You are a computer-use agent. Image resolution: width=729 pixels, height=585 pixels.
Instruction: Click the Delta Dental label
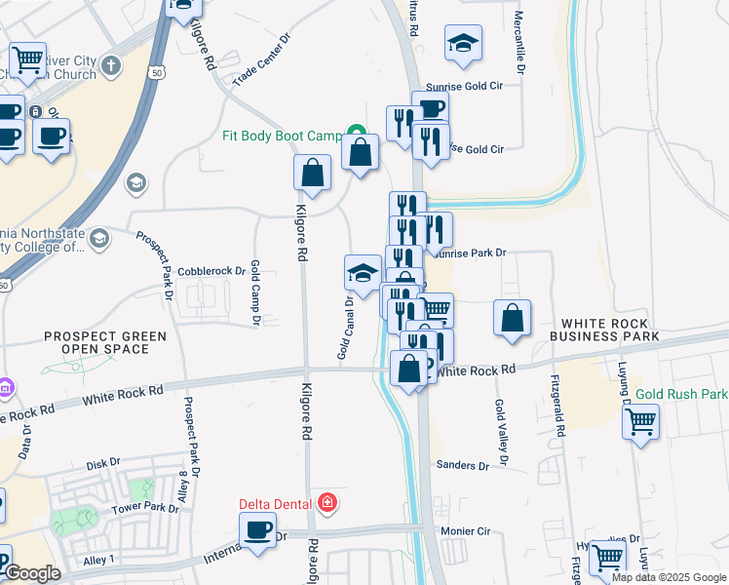(276, 504)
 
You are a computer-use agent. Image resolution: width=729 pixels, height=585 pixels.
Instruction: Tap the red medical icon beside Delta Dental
(327, 504)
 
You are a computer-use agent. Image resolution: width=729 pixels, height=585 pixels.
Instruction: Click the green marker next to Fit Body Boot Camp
(358, 135)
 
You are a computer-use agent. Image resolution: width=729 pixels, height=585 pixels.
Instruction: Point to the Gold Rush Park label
(681, 395)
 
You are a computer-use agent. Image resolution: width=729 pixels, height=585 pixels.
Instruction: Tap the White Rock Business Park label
(604, 330)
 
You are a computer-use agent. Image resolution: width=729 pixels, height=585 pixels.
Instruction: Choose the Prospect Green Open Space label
(104, 342)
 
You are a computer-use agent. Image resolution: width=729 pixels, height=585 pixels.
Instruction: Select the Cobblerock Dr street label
(211, 272)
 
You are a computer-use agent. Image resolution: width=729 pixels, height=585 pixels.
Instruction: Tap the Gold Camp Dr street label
(255, 292)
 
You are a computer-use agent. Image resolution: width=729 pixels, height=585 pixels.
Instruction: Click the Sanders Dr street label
(462, 466)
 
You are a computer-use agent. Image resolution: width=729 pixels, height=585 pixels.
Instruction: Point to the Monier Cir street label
(466, 531)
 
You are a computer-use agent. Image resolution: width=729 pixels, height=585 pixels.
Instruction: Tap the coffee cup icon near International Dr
(258, 530)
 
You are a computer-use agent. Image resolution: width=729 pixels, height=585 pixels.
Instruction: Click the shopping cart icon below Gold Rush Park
(640, 422)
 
